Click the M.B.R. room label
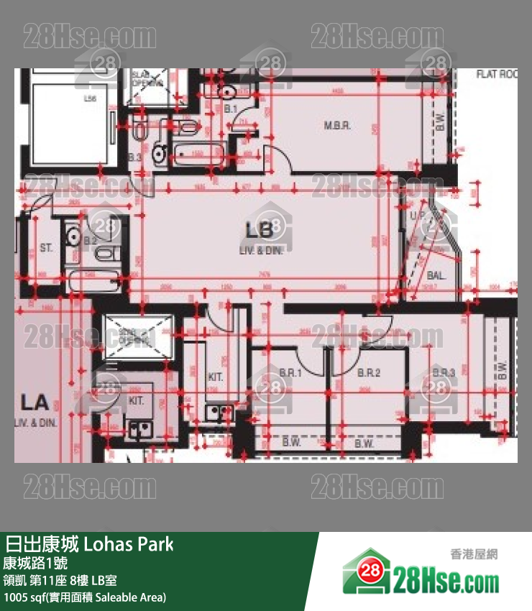336,125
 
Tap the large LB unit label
260,231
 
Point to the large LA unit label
33,403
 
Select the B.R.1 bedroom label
290,373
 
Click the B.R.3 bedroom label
444,373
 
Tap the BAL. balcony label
436,275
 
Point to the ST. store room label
46,248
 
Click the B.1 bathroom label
231,109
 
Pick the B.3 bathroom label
134,157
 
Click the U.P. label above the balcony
418,215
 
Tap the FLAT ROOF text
497,74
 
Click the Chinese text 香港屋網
474,554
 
